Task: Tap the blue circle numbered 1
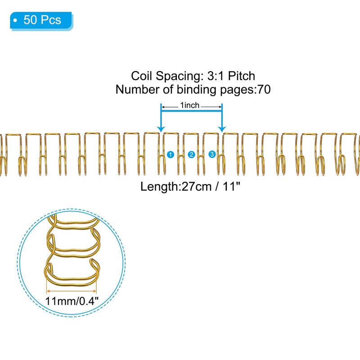(170, 154)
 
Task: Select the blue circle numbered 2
(191, 154)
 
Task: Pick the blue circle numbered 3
(212, 154)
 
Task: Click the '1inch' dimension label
(190, 106)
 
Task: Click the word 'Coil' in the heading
(141, 76)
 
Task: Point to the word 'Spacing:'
(174, 76)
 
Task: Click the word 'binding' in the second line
(194, 90)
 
